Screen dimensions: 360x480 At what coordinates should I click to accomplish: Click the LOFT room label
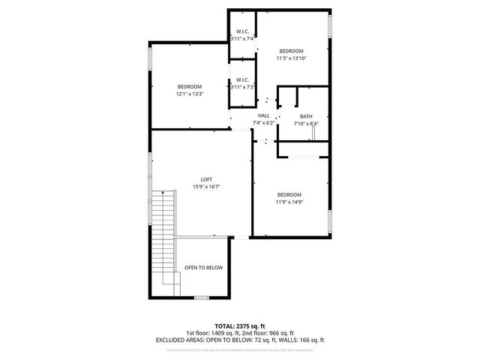(205, 178)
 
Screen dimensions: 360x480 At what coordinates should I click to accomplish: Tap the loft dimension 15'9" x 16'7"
(205, 186)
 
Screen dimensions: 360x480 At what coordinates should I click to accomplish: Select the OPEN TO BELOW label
(203, 267)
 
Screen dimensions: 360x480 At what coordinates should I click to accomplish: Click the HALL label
(263, 115)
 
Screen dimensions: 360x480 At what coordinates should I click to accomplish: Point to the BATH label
(306, 116)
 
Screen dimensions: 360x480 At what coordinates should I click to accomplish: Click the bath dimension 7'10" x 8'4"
(306, 124)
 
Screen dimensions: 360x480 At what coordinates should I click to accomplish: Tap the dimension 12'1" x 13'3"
(190, 94)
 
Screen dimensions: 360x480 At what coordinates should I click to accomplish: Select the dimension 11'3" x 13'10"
(292, 58)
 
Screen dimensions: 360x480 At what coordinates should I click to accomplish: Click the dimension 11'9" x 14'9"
(289, 201)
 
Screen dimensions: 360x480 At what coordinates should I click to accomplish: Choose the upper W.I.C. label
(243, 31)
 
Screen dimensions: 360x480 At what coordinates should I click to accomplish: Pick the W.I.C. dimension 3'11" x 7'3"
(243, 87)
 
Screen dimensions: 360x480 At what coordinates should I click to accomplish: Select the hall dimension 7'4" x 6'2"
(263, 123)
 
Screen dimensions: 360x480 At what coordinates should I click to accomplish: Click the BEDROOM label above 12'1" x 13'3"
(190, 87)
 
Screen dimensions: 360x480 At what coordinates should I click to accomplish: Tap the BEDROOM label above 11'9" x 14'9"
(289, 194)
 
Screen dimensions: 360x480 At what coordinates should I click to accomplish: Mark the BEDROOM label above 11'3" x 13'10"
(292, 50)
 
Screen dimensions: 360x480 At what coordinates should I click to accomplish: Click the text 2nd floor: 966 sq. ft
(268, 334)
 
